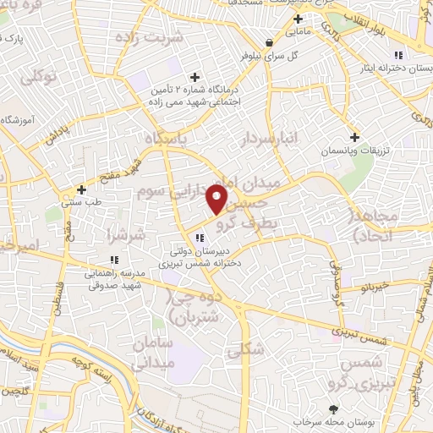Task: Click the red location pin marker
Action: point(217,199)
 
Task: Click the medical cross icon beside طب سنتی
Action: point(81,189)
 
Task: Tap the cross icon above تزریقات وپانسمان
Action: point(355,136)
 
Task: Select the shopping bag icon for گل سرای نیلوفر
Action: point(268,43)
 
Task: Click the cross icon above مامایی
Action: point(297,19)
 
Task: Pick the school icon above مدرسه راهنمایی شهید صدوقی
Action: point(113,260)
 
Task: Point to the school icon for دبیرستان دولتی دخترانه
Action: point(200,238)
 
